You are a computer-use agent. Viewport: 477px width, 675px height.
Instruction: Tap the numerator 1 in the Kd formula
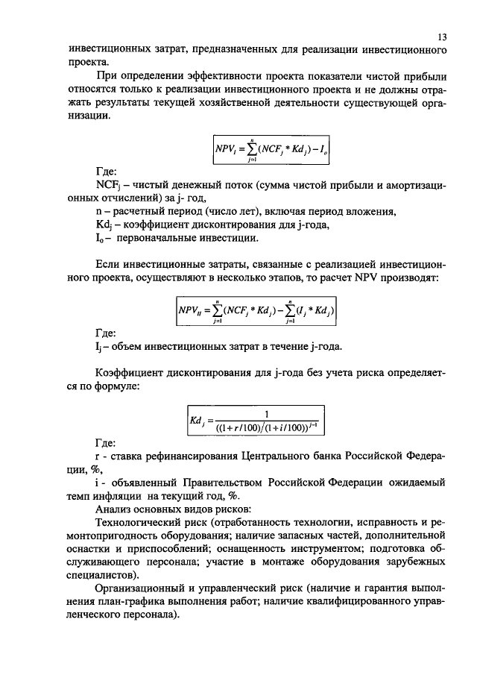click(x=265, y=415)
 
